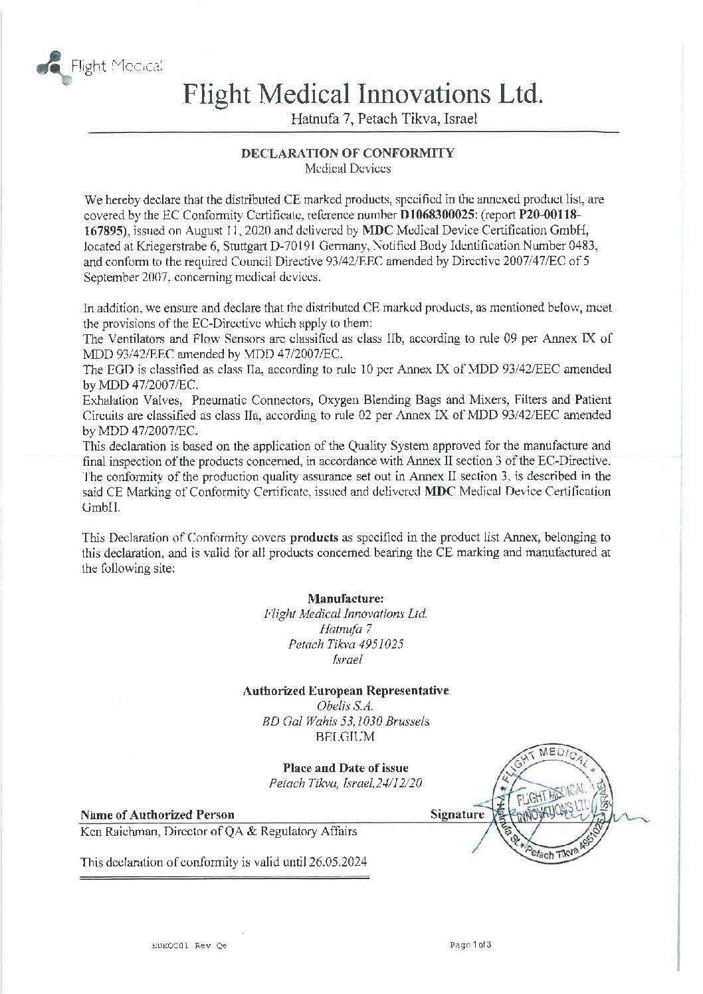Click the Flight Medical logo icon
pyautogui.click(x=50, y=66)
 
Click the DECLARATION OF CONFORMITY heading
pyautogui.click(x=347, y=153)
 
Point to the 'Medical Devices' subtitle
pyautogui.click(x=347, y=169)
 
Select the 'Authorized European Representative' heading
pyautogui.click(x=346, y=690)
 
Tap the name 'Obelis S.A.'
pyautogui.click(x=346, y=706)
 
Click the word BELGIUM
pyautogui.click(x=346, y=737)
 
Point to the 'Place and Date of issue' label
pyautogui.click(x=346, y=768)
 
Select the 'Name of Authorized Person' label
pyautogui.click(x=157, y=815)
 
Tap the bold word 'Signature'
pyautogui.click(x=457, y=814)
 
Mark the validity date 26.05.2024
pyautogui.click(x=339, y=862)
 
